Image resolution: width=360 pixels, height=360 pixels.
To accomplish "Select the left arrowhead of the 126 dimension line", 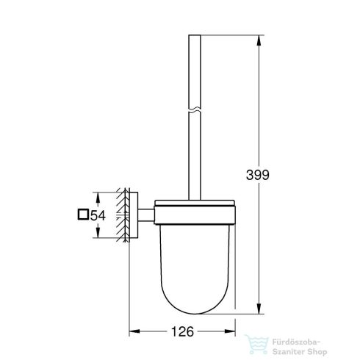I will click(x=134, y=331).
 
